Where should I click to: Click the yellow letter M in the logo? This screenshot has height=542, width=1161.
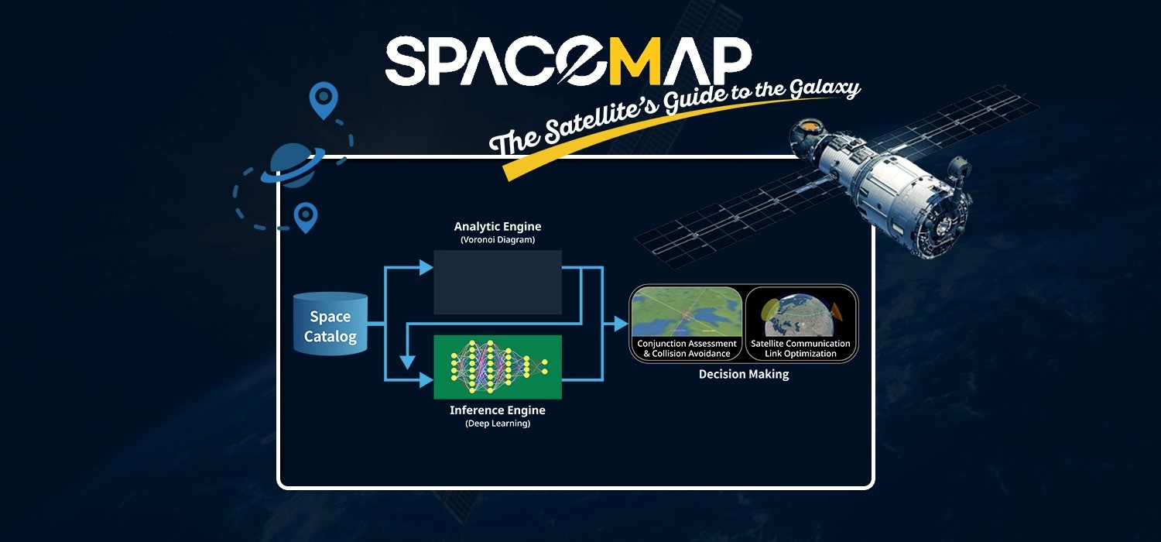(x=633, y=60)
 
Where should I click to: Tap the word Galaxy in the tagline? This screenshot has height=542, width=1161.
(x=825, y=88)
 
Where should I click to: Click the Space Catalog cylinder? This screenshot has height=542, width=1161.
(x=330, y=324)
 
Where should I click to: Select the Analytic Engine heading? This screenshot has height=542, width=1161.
(x=498, y=227)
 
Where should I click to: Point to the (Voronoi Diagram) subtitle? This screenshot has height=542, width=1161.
(x=498, y=239)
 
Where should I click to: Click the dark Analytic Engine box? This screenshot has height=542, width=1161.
(x=498, y=282)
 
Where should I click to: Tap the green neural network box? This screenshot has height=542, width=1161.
(x=498, y=367)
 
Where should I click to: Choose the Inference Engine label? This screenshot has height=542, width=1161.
(x=498, y=410)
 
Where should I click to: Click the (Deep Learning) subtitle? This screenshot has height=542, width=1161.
(x=498, y=424)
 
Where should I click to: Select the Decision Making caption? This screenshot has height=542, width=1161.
(x=744, y=374)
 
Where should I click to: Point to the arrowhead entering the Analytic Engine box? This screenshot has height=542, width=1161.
(x=426, y=268)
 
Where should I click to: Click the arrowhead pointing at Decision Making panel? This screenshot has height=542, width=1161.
(x=621, y=324)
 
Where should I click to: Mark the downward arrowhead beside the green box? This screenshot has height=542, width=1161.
(x=407, y=362)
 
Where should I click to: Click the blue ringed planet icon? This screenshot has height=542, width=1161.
(x=293, y=164)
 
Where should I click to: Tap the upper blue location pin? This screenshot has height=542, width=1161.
(x=324, y=98)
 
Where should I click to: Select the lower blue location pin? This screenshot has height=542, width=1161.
(x=306, y=217)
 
